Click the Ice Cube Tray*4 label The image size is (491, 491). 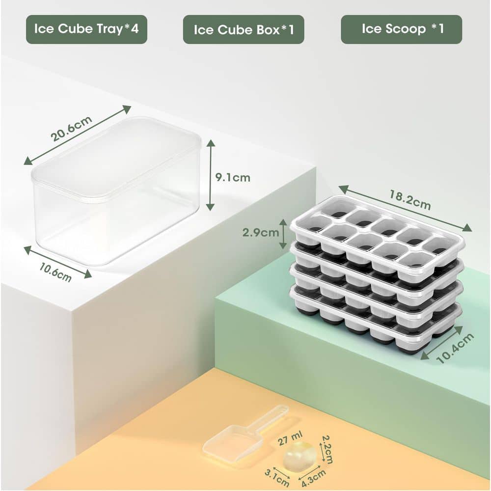[x=86, y=29]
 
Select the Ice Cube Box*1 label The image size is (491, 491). [x=244, y=29]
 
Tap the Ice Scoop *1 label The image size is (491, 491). [x=402, y=29]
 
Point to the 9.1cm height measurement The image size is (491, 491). [x=233, y=178]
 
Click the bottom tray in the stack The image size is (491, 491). [x=373, y=329]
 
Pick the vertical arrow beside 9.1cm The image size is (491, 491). [x=211, y=175]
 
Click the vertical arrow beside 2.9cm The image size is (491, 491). [x=283, y=234]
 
